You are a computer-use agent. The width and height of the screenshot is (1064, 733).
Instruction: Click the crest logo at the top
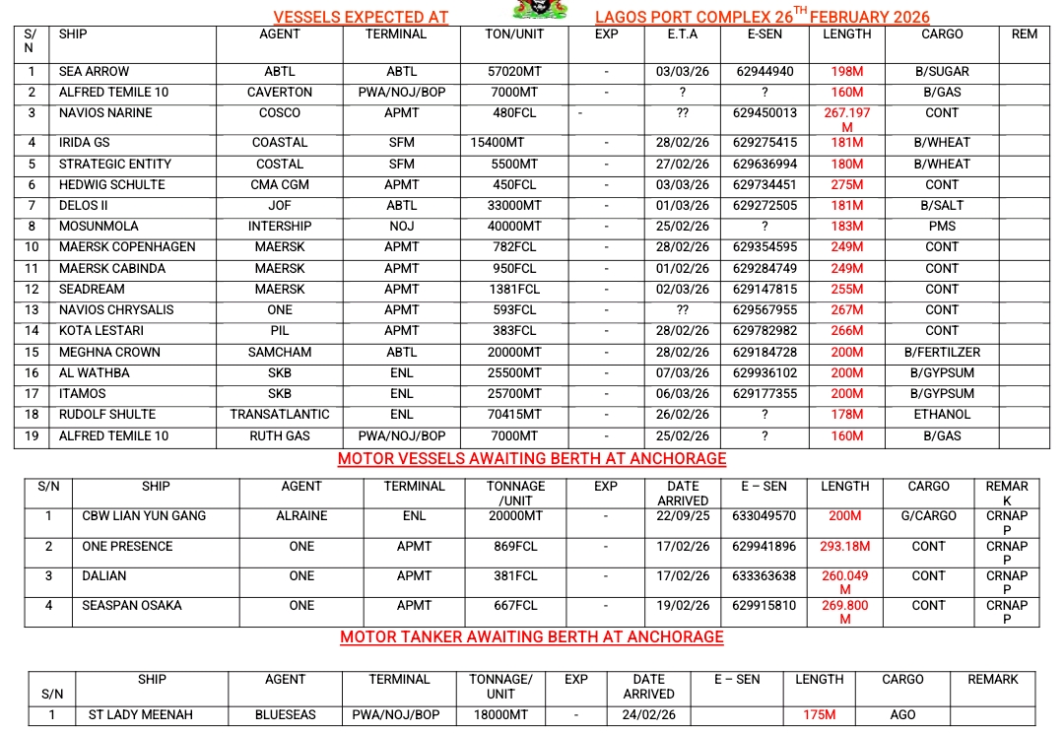click(540, 9)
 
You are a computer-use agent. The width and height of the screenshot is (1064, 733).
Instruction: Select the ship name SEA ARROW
click(94, 72)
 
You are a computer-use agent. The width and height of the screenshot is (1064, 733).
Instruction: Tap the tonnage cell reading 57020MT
click(515, 72)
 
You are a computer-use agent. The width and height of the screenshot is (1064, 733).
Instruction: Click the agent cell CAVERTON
click(280, 93)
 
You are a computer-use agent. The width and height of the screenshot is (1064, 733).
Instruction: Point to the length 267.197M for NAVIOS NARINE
click(847, 120)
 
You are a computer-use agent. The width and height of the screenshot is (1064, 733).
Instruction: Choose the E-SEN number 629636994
click(765, 165)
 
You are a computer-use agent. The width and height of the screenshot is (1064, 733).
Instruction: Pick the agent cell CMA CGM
click(280, 185)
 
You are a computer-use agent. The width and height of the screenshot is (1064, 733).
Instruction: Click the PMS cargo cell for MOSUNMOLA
click(941, 227)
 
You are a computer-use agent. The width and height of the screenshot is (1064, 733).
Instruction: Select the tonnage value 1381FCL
click(515, 290)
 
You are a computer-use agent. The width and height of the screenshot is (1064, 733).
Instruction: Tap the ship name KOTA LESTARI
click(101, 331)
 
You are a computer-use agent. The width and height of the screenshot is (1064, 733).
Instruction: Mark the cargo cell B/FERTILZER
click(942, 353)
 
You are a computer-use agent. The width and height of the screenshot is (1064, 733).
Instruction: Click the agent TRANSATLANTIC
click(280, 415)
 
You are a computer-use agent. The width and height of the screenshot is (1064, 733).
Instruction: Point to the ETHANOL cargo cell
click(942, 415)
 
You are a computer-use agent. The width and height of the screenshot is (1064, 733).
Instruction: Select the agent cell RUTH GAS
click(280, 436)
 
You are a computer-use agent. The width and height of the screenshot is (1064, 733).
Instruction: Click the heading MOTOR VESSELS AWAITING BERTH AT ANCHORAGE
click(532, 459)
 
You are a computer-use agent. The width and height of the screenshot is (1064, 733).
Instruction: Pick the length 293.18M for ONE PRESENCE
click(845, 547)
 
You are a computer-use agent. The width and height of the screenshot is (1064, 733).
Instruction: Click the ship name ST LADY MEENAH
click(141, 715)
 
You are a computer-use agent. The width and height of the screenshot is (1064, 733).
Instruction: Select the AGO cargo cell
click(902, 715)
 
